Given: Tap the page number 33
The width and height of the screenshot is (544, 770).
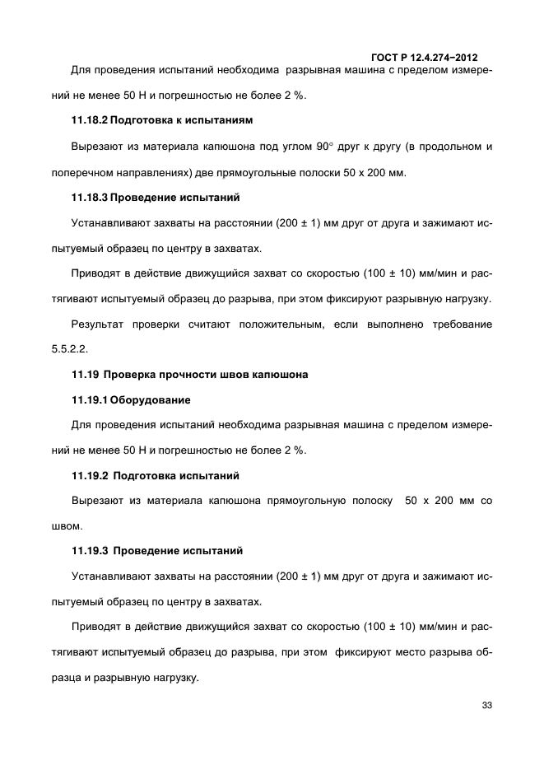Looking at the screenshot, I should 486,706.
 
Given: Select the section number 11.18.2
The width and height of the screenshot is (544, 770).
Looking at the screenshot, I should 87,120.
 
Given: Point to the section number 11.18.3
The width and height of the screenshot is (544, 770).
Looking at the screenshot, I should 87,198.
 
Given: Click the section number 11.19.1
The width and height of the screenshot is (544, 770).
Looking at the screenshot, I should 87,400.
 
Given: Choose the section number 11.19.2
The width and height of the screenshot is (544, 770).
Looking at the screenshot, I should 87,476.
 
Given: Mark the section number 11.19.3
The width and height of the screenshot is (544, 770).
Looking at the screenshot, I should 87,550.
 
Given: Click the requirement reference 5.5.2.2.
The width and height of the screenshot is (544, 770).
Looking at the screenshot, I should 70,348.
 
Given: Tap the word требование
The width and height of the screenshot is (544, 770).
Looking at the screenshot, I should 456,324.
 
